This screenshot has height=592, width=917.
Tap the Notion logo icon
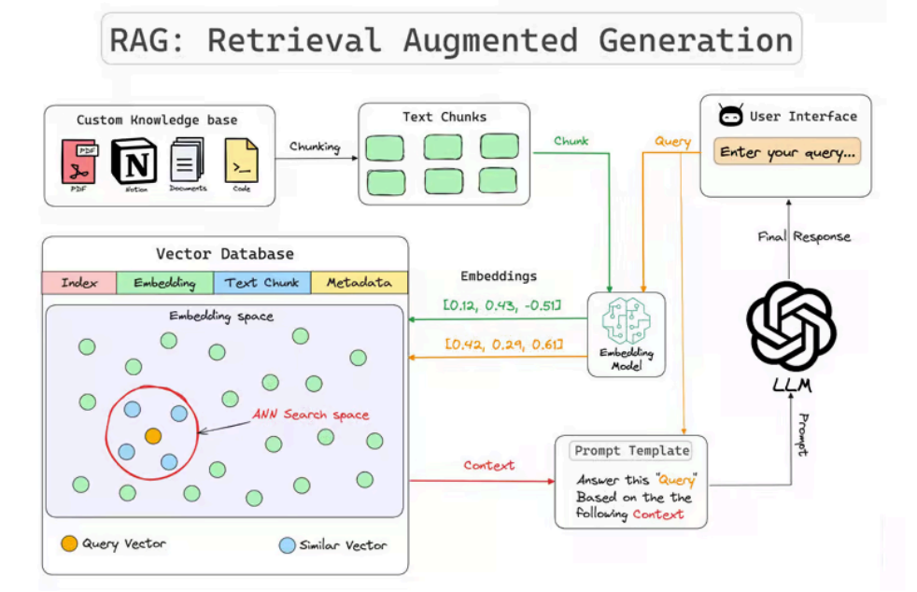(135, 161)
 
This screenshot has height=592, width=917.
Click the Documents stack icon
(188, 161)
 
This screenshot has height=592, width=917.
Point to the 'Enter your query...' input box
(786, 152)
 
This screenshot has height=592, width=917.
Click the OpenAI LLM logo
(791, 325)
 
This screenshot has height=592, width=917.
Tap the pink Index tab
(79, 283)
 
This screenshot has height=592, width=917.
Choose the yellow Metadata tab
(359, 283)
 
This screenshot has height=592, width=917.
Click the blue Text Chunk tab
(261, 283)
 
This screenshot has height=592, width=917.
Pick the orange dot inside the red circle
(152, 436)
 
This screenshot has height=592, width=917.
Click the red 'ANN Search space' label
(311, 415)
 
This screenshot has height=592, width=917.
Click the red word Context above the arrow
(488, 465)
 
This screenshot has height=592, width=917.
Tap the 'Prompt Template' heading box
(631, 451)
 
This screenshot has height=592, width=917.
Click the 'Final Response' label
(804, 237)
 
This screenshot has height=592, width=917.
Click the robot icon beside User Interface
(729, 117)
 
